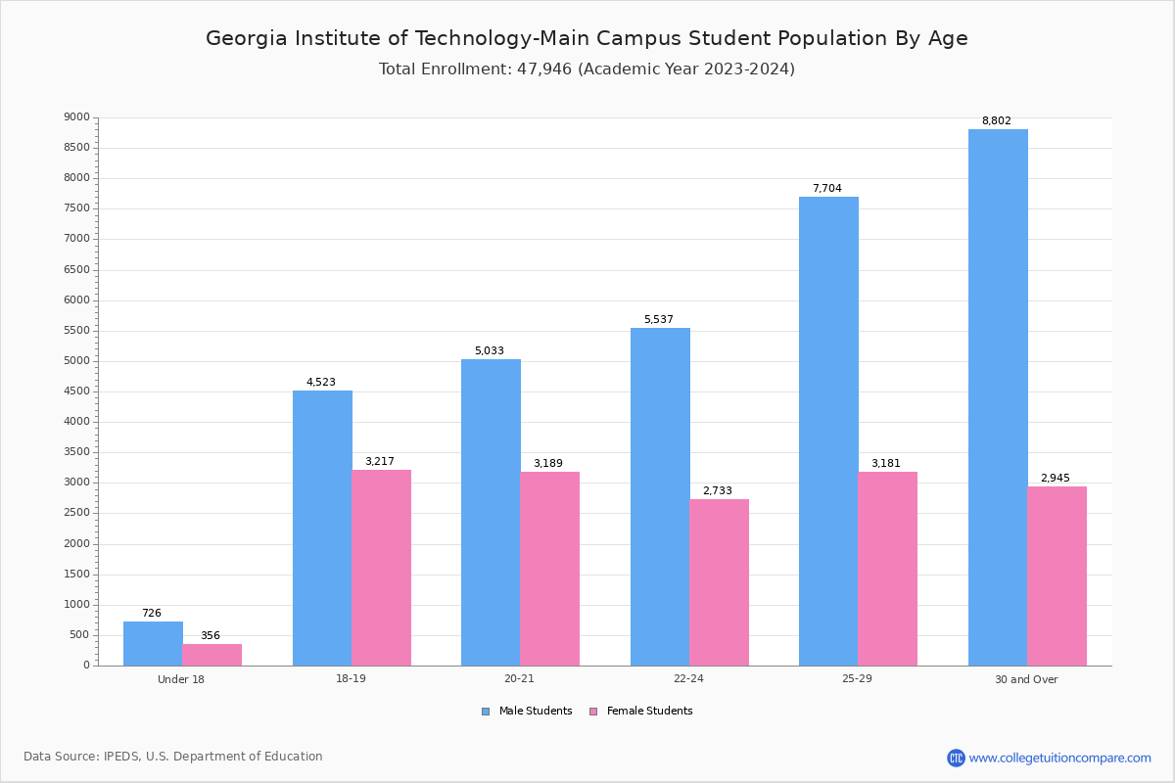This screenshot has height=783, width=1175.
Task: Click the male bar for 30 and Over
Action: (x=998, y=397)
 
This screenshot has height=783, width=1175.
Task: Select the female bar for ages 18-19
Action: (x=382, y=568)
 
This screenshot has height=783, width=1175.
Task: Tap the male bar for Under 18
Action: (x=153, y=643)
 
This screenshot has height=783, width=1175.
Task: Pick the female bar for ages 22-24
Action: (x=719, y=582)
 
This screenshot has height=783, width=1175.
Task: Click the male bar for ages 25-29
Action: (x=828, y=431)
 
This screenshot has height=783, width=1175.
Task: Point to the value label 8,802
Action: (x=996, y=121)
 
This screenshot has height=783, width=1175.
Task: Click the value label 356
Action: (x=211, y=636)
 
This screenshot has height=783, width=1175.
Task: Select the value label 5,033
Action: (x=491, y=351)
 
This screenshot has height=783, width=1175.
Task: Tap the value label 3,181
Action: (x=886, y=464)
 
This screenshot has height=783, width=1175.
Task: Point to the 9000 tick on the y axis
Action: (x=76, y=117)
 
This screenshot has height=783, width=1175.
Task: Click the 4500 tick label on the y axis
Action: (x=76, y=391)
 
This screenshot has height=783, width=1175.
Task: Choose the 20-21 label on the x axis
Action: (x=519, y=679)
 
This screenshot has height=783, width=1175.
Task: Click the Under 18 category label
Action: (x=181, y=679)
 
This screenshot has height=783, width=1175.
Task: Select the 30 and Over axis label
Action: (x=1026, y=679)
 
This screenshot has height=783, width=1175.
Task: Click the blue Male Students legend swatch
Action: (x=486, y=712)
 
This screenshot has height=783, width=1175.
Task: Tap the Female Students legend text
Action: (x=649, y=712)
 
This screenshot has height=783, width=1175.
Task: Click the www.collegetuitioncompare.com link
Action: (x=1059, y=758)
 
